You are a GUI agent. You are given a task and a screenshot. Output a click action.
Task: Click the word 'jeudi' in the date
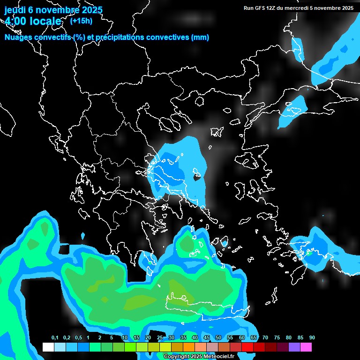pyautogui.click(x=15, y=10)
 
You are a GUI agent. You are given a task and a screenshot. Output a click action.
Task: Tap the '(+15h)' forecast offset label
pyautogui.click(x=81, y=21)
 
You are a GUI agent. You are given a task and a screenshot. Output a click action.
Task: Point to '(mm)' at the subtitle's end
pyautogui.click(x=200, y=37)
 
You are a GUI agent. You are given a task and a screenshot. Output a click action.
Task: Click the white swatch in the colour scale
pyautogui.click(x=48, y=347)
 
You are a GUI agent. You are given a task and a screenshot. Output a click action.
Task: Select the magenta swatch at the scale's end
pyautogui.click(x=306, y=347)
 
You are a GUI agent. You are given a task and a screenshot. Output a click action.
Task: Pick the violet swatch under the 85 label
pyautogui.click(x=294, y=347)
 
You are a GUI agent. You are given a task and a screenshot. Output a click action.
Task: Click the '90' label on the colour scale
pyautogui.click(x=312, y=337)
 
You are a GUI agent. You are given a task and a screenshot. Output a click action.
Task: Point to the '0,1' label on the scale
pyautogui.click(x=54, y=337)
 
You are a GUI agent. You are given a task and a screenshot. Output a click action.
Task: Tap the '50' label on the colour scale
pyautogui.click(x=218, y=337)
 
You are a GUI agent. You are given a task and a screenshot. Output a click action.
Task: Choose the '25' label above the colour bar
pyautogui.click(x=159, y=337)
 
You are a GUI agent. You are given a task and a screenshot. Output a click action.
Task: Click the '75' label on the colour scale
pyautogui.click(x=277, y=337)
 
